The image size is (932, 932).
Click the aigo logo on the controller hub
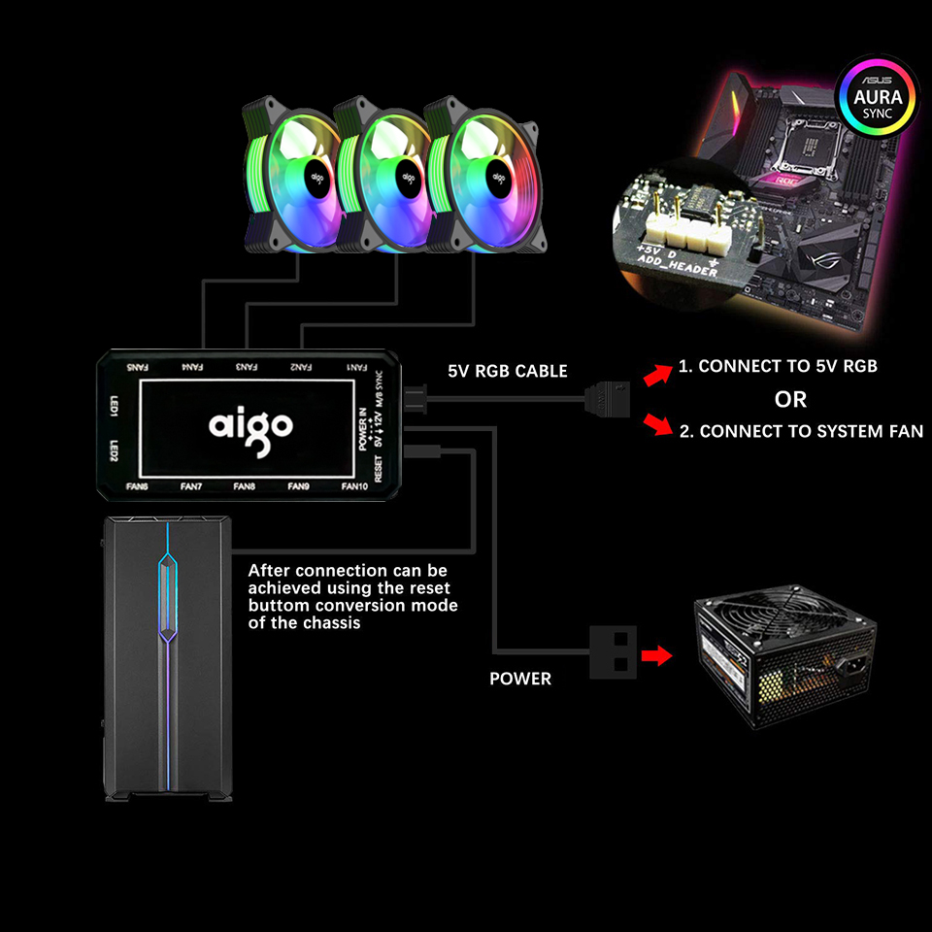[x=250, y=425]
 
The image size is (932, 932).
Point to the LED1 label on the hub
[x=114, y=406]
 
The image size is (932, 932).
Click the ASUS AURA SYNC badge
[x=878, y=98]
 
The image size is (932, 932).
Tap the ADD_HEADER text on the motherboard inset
[x=678, y=268]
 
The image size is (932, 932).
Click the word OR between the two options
[x=790, y=399]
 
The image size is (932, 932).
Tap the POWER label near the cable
[x=520, y=679]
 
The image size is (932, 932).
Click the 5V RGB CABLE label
[x=508, y=371]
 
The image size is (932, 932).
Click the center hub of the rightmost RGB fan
[x=499, y=178]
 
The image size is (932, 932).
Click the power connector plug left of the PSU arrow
[x=613, y=651]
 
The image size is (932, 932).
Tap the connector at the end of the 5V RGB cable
[x=604, y=398]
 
